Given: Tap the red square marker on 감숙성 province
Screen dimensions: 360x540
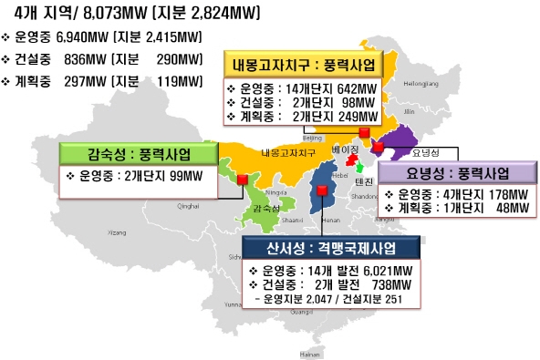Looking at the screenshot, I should pyautogui.click(x=243, y=180).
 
